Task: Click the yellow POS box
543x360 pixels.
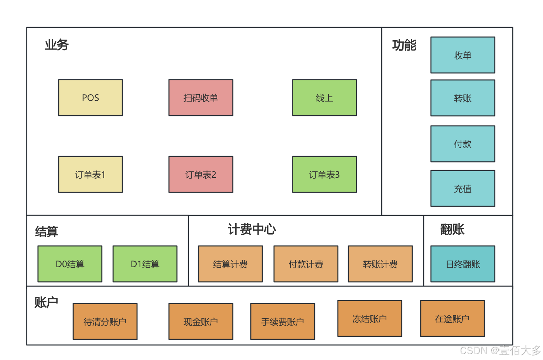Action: pos(90,98)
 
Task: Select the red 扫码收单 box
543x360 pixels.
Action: pos(201,98)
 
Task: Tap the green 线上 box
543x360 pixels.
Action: pos(324,98)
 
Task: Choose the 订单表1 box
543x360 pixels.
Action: pos(90,174)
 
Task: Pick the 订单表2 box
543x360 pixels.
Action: pos(201,174)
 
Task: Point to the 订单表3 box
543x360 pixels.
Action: pos(324,174)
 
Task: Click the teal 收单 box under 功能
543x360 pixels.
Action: pos(462,55)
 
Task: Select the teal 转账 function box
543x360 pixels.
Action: pos(462,98)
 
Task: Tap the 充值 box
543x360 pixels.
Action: pos(462,189)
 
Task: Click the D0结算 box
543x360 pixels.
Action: pos(70,264)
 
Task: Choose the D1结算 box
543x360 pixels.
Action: pos(145,264)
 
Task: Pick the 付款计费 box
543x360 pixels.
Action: pos(306,264)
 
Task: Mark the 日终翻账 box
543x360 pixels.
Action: pos(462,264)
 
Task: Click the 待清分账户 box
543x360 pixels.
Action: pos(105,322)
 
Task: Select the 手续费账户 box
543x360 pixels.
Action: pos(283,322)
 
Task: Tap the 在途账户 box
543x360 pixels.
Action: pos(452,319)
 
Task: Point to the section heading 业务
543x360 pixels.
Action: pos(57,45)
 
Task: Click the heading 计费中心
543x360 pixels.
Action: pos(252,229)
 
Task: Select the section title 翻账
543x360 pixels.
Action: pos(452,229)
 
